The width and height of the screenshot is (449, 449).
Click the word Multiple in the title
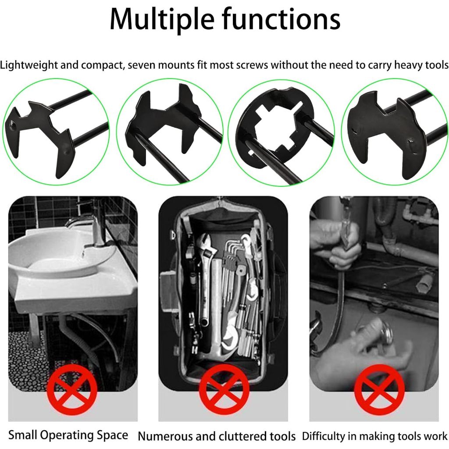pos(162,20)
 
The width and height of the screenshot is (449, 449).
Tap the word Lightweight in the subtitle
pos(29,65)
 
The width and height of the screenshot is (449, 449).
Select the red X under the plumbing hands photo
pos(379,390)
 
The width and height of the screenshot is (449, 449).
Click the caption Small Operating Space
pos(68,435)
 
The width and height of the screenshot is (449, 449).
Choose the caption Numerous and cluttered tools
pos(217,436)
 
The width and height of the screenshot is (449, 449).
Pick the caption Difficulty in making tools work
pos(374,436)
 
